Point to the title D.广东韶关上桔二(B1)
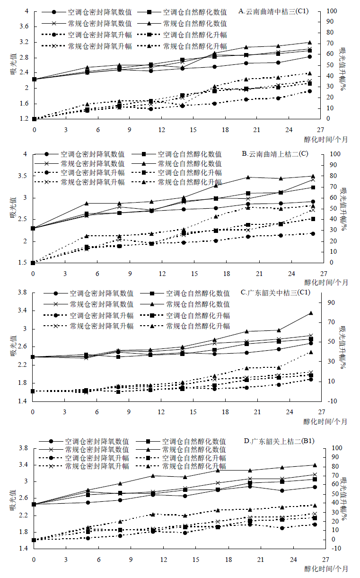pos(278,441)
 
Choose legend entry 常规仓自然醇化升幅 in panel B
pos(189,182)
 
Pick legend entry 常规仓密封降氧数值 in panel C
pos(101,304)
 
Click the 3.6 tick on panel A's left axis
pos(24,27)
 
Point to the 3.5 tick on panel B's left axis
pos(24,176)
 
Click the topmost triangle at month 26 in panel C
pos(310,313)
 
